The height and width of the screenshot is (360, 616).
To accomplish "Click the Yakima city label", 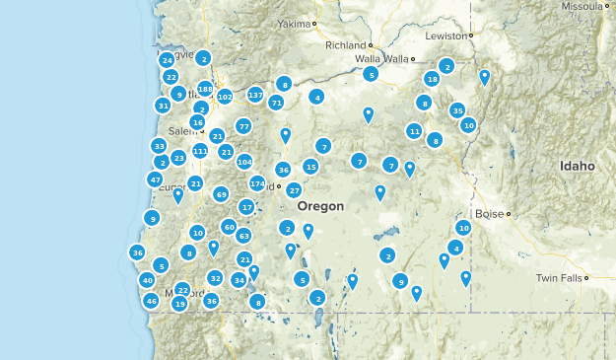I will click(293, 23).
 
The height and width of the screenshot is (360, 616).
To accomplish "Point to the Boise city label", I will click(489, 213).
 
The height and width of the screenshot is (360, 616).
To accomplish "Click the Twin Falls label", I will click(558, 279).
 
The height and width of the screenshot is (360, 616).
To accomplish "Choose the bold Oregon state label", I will click(320, 206).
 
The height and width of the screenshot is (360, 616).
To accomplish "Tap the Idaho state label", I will click(578, 167).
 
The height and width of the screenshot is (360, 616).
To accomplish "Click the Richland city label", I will click(346, 45).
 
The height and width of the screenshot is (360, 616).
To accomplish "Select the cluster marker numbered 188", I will click(205, 89).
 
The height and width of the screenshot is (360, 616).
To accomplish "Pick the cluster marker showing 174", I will click(257, 183).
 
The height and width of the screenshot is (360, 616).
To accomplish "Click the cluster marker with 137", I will click(255, 95).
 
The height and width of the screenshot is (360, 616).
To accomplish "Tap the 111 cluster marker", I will click(200, 151).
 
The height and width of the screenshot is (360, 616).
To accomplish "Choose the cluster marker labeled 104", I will click(244, 162).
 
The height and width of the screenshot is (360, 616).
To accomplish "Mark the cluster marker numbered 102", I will click(225, 97).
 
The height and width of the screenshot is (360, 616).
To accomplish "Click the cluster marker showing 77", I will click(243, 126).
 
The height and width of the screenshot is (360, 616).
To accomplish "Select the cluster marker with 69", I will click(221, 194).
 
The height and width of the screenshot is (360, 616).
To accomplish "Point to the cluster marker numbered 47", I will click(155, 180).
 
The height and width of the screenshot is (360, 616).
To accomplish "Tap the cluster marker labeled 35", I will click(457, 110).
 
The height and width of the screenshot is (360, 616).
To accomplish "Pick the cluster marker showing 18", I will click(432, 79).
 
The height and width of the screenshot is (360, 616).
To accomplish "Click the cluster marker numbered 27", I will click(294, 189).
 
